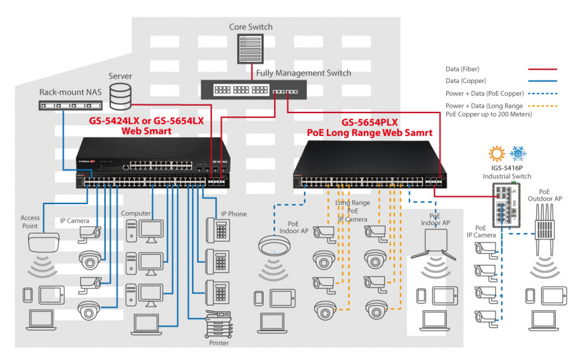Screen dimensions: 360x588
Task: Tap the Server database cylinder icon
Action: click(120, 96)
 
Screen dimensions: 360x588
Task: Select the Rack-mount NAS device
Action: click(69, 105)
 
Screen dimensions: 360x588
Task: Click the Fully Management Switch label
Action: click(303, 73)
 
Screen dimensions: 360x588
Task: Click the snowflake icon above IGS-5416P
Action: click(517, 154)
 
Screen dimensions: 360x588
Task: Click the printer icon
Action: click(218, 324)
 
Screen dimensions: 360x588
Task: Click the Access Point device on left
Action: click(41, 242)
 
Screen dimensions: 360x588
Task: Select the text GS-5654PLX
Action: click(369, 122)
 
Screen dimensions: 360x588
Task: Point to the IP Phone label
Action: click(233, 214)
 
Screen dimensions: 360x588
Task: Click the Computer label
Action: click(136, 213)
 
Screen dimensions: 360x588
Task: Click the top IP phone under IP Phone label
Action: click(218, 231)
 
